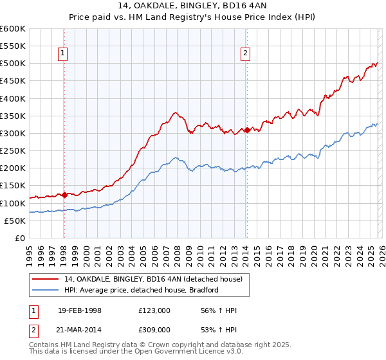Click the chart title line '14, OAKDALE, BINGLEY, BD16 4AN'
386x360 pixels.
(193, 7)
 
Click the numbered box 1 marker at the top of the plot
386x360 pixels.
(64, 54)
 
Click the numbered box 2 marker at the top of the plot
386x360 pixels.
(246, 54)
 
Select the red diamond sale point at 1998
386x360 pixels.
(64, 195)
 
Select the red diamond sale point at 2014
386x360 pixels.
(247, 130)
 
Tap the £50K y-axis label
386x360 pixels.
(15, 221)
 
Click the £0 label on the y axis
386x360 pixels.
(19, 238)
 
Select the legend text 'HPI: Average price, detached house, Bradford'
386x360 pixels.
(142, 290)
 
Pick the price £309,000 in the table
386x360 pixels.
(154, 328)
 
